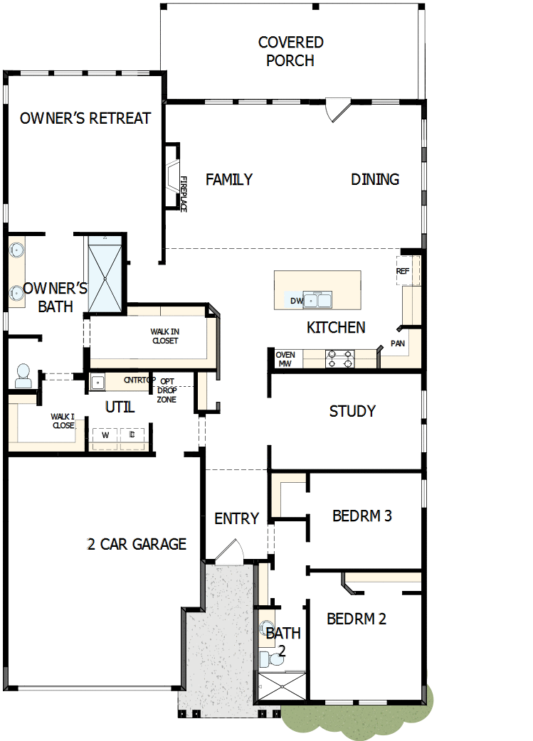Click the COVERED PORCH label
tap(290, 52)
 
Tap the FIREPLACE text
tap(183, 193)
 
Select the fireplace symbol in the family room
tap(173, 176)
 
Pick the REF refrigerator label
tap(403, 271)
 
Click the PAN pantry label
tap(398, 343)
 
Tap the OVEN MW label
tap(285, 359)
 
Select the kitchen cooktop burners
tap(339, 358)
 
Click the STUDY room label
tap(352, 411)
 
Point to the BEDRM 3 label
tap(362, 516)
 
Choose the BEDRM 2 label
tap(357, 619)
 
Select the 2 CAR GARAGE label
tap(137, 544)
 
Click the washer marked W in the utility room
tap(106, 435)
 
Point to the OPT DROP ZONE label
tap(167, 390)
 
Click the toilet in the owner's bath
tap(23, 376)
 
